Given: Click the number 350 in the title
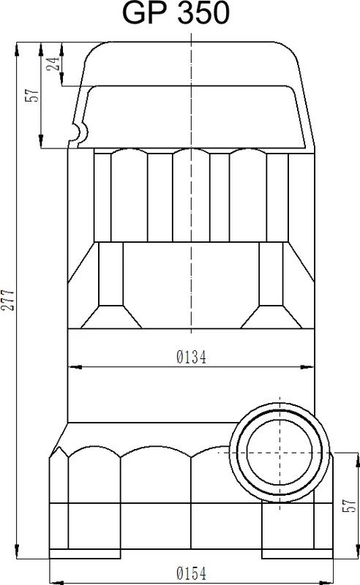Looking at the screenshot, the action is tap(203, 13).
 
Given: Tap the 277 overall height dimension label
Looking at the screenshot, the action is tap(8, 299).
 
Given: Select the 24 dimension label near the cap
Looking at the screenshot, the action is tap(53, 64).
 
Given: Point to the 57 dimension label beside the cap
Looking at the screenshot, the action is tap(32, 95).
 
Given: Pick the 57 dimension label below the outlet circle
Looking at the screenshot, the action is tap(350, 505).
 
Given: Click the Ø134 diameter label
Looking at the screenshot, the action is tap(191, 357).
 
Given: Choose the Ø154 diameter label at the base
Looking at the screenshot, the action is tap(191, 573).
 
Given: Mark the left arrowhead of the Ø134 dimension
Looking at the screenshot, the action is tap(75, 367).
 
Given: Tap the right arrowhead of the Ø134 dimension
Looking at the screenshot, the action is tap(307, 367).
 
